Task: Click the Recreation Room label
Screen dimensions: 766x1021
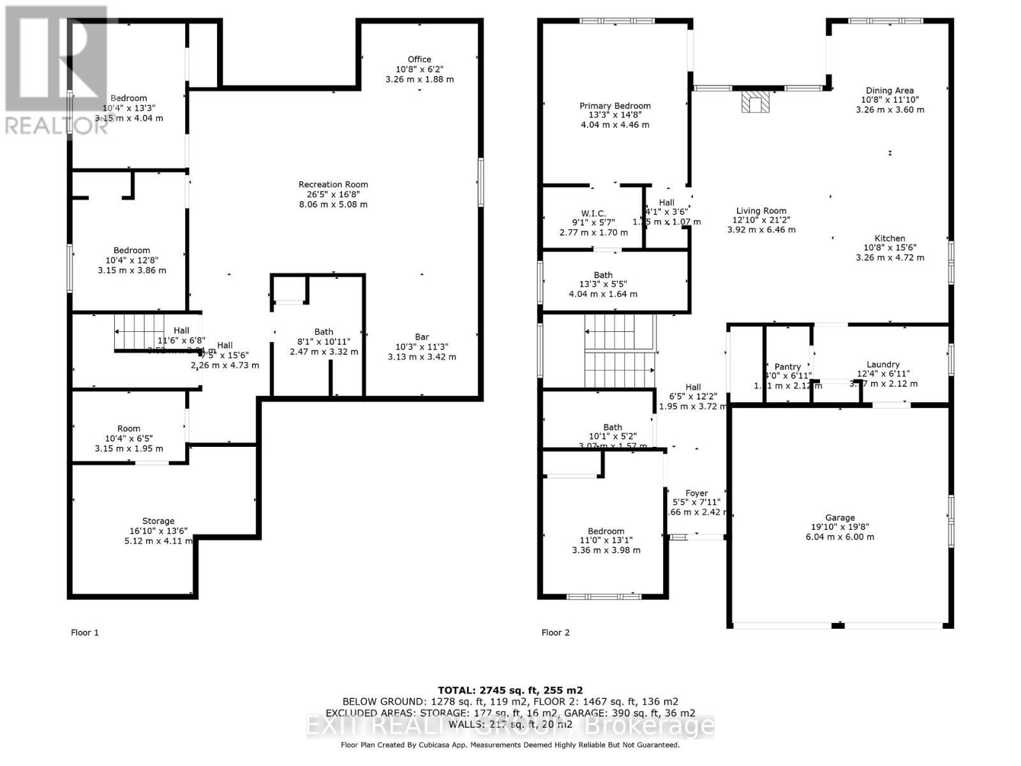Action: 333,184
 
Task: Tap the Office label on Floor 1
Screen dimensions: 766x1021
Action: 419,59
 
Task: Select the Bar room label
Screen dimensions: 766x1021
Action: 422,336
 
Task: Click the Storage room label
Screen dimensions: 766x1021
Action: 158,521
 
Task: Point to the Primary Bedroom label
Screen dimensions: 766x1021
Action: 615,106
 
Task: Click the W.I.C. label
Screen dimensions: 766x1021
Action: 593,213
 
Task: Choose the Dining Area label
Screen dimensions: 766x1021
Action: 890,91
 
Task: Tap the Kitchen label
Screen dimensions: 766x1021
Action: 890,238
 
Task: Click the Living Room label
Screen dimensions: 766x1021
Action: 761,211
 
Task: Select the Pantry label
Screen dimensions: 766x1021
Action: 787,366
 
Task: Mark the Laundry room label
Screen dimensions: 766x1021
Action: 883,364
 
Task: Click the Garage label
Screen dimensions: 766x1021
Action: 840,518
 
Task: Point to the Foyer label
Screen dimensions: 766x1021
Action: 697,493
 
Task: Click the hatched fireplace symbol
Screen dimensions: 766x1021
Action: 756,102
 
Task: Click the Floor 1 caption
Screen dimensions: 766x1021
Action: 85,633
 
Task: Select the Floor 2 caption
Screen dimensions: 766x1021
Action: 556,633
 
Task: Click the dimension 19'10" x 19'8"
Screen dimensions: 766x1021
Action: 840,527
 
